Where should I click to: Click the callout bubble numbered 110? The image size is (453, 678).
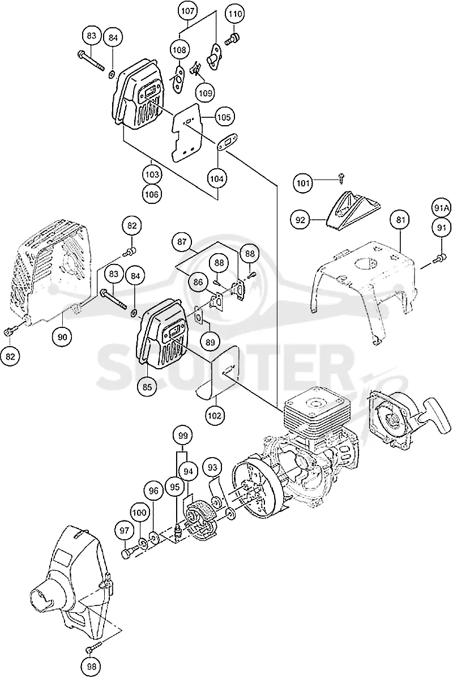pos(235,15)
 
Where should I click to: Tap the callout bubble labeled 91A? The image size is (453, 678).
pos(441,208)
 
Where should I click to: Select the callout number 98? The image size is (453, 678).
pos(92,666)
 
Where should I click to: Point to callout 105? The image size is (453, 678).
pos(224,117)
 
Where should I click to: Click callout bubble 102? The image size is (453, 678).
pos(215,416)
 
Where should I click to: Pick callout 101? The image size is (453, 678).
pos(304,184)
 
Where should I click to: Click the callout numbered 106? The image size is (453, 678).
pos(152,194)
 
